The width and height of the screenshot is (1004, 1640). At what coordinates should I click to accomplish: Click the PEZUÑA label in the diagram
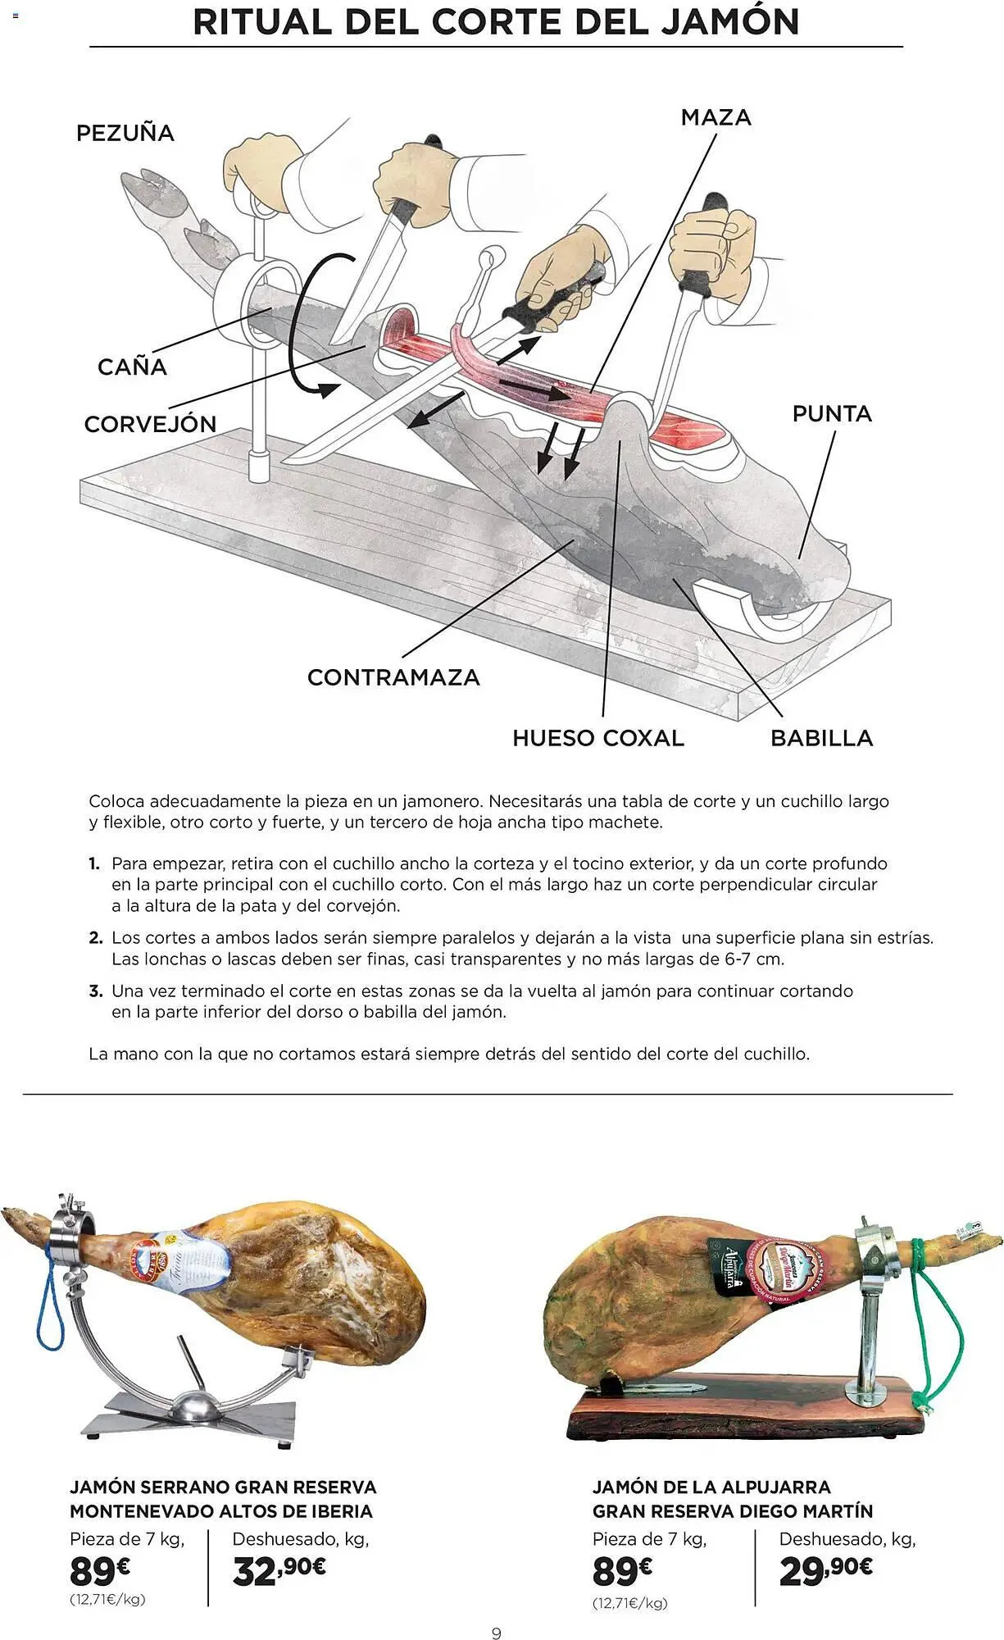(125, 133)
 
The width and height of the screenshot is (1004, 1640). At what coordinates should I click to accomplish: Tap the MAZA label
(716, 117)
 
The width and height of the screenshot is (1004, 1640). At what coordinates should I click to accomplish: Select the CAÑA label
(132, 367)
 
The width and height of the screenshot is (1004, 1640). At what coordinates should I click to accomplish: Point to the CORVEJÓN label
(150, 424)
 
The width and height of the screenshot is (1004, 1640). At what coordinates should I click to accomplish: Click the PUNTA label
(832, 413)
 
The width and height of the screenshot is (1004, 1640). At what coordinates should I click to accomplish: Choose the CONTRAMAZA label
(393, 677)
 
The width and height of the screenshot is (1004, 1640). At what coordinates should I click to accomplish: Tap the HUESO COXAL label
(597, 738)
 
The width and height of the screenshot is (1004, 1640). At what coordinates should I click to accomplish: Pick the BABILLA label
(821, 738)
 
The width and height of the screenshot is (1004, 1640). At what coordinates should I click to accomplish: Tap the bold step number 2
(96, 938)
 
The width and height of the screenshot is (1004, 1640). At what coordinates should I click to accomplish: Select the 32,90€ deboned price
(279, 1570)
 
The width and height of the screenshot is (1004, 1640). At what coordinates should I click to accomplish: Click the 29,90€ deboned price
(825, 1570)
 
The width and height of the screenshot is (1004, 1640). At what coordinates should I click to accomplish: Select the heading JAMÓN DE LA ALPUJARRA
(711, 1487)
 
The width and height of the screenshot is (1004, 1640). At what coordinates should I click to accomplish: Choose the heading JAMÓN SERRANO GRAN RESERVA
(223, 1487)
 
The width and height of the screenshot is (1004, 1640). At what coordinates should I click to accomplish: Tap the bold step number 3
(96, 991)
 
